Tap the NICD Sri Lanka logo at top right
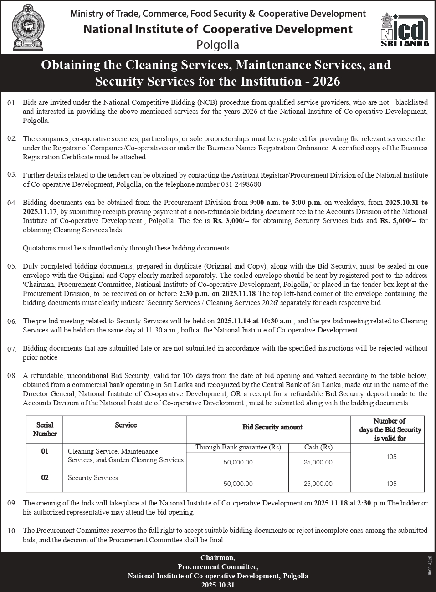(405, 29)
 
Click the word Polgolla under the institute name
(217, 45)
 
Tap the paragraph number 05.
(12, 267)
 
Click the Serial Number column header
(45, 429)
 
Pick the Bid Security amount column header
(272, 427)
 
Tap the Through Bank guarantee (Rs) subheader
(237, 447)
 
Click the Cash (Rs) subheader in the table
(318, 447)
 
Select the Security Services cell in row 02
(93, 478)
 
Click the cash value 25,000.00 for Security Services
(318, 484)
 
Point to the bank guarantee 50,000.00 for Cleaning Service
(238, 462)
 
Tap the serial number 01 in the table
(45, 451)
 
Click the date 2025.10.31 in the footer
(218, 585)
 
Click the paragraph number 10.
(12, 531)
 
